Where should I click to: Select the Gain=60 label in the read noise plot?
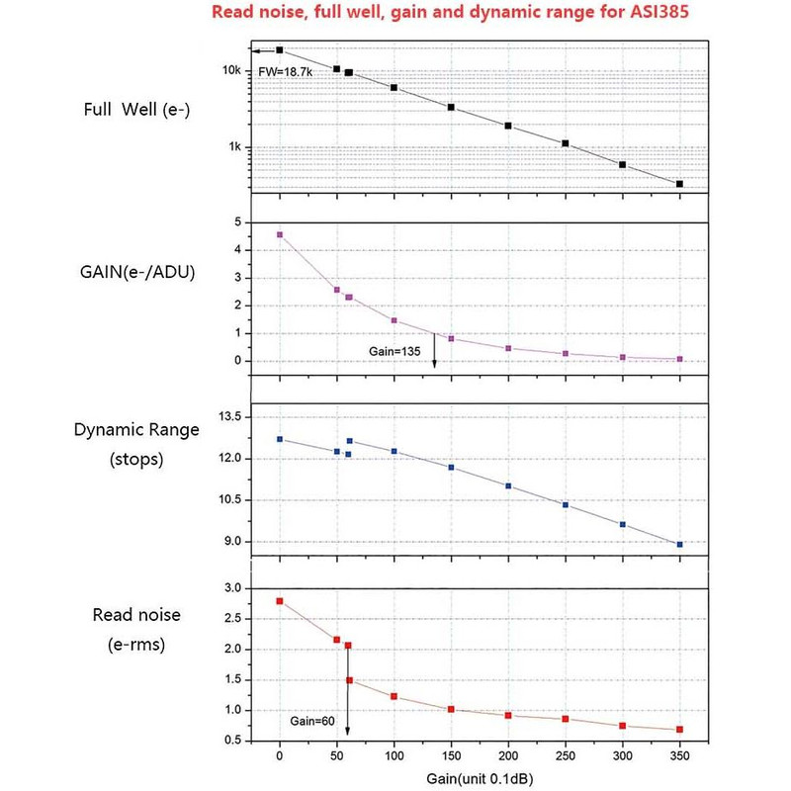(x=310, y=720)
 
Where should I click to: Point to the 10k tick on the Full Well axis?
(x=232, y=71)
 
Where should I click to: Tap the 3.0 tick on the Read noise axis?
(x=233, y=588)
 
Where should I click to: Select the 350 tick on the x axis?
(x=679, y=756)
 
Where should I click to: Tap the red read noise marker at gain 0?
(x=280, y=601)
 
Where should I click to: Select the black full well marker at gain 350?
(x=679, y=184)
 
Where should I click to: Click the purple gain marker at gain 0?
(x=280, y=234)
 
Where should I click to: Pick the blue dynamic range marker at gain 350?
(x=679, y=544)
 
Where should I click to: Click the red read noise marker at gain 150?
(x=451, y=709)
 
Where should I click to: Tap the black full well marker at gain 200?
(x=508, y=126)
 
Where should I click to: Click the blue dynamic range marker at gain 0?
(x=280, y=439)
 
